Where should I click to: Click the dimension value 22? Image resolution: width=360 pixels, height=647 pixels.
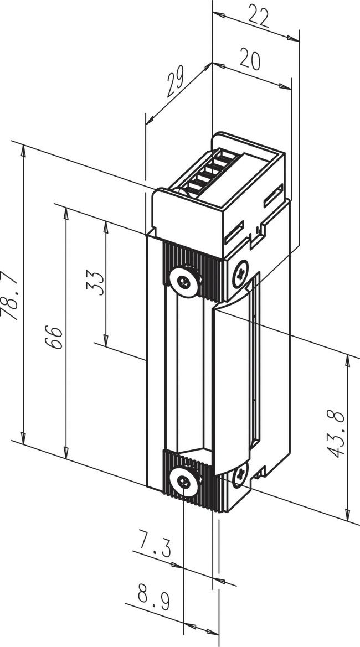click(x=258, y=17)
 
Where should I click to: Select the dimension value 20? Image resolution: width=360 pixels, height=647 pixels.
click(x=250, y=59)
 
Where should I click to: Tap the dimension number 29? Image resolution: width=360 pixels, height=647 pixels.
click(x=176, y=82)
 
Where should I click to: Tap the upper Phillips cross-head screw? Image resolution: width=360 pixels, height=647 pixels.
click(x=241, y=274)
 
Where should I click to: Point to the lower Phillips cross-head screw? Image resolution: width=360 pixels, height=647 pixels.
click(x=241, y=474)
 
